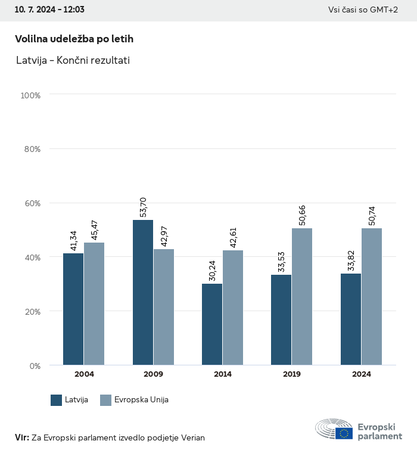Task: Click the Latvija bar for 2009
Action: pyautogui.click(x=143, y=292)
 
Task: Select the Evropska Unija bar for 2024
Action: pyautogui.click(x=372, y=296)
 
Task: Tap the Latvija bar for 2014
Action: pyautogui.click(x=212, y=324)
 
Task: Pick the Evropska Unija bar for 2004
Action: pyautogui.click(x=94, y=303)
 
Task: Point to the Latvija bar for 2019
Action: pyautogui.click(x=281, y=319)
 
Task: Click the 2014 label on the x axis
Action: pyautogui.click(x=223, y=374)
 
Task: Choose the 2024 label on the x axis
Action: pyautogui.click(x=361, y=374)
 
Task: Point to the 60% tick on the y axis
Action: pyautogui.click(x=30, y=203)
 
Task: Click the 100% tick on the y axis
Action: pyautogui.click(x=30, y=95)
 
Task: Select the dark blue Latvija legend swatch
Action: pyautogui.click(x=57, y=400)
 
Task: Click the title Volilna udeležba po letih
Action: pyautogui.click(x=74, y=39)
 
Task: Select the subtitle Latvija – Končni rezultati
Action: pyautogui.click(x=73, y=60)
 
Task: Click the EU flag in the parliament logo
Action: pyautogui.click(x=344, y=433)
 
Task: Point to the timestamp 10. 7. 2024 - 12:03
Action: pyautogui.click(x=49, y=10)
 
